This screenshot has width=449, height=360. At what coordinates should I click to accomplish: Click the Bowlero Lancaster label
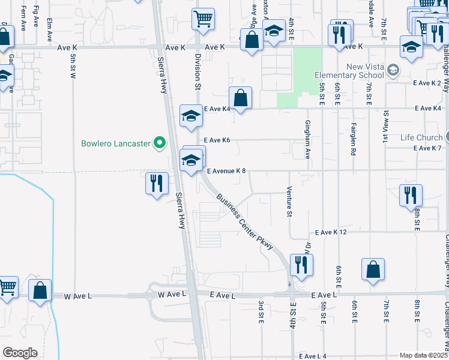pyautogui.click(x=117, y=143)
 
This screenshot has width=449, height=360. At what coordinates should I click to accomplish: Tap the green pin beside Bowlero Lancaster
pyautogui.click(x=160, y=143)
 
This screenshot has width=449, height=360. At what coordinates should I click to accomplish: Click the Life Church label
pyautogui.click(x=421, y=137)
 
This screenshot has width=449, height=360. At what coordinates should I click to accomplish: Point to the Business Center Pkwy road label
pyautogui.click(x=245, y=221)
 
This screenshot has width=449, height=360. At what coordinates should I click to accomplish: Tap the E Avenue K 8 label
pyautogui.click(x=227, y=171)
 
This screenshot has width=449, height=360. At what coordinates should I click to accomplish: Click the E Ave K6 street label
pyautogui.click(x=217, y=140)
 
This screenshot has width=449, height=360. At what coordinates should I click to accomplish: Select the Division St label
pyautogui.click(x=197, y=71)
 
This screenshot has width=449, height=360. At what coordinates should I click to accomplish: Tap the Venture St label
pyautogui.click(x=289, y=202)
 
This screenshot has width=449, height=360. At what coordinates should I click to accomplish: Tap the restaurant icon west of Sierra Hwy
pyautogui.click(x=156, y=182)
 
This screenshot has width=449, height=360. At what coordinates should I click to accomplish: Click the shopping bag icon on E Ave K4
pyautogui.click(x=240, y=98)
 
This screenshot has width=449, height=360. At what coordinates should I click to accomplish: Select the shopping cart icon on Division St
pyautogui.click(x=203, y=19)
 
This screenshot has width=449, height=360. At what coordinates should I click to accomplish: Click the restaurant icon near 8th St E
pyautogui.click(x=411, y=195)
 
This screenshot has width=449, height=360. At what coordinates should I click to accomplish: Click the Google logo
pyautogui.click(x=20, y=353)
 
